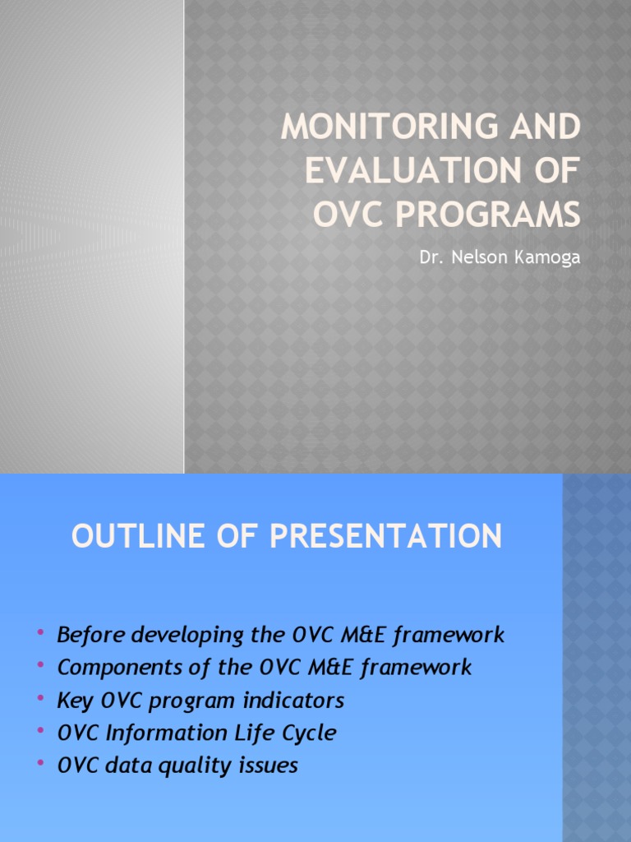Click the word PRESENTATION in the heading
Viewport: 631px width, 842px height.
click(x=385, y=537)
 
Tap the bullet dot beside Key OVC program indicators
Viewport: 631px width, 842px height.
click(x=40, y=699)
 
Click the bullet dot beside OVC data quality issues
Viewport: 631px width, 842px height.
click(x=40, y=765)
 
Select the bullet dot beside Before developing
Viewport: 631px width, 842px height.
click(x=40, y=633)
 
